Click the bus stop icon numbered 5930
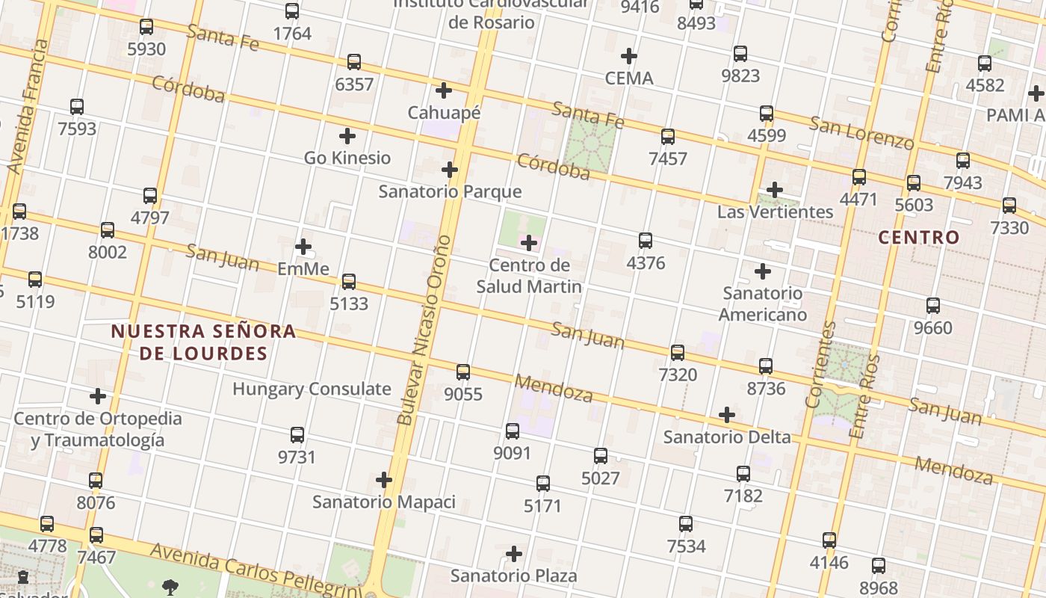click(146, 28)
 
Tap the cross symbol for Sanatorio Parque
click(449, 170)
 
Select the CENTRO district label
click(918, 238)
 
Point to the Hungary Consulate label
click(312, 389)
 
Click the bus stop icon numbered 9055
click(463, 372)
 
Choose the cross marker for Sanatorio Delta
click(726, 415)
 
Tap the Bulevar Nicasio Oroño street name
click(425, 330)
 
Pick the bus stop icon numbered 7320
click(678, 352)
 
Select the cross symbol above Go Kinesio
click(347, 136)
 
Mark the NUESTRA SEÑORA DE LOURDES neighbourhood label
click(203, 342)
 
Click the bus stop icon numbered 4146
click(829, 540)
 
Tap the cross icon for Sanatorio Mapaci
click(384, 479)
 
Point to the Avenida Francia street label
click(26, 108)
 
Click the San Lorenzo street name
click(861, 132)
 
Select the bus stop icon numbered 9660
click(933, 306)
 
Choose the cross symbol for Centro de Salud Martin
click(529, 243)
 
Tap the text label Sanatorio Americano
click(763, 303)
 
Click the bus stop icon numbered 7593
click(77, 107)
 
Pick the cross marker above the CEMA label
click(629, 56)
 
